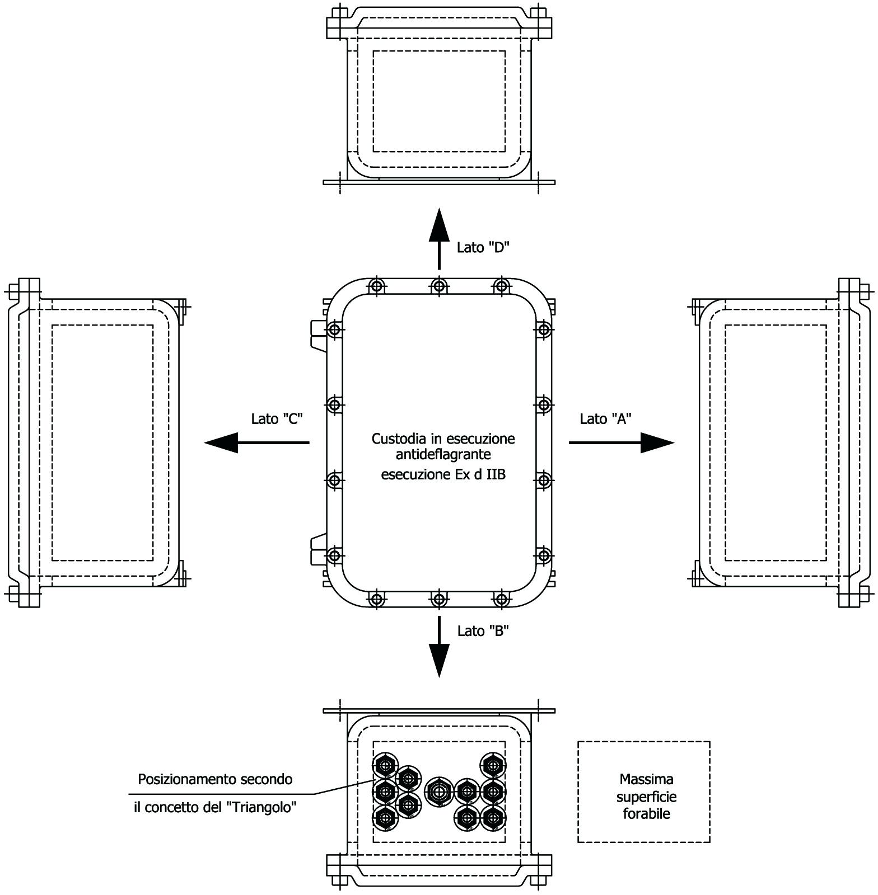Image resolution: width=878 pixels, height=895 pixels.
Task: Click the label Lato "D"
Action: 483,247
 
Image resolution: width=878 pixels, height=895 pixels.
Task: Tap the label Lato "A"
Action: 606,418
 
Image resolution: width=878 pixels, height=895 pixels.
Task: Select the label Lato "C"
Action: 277,418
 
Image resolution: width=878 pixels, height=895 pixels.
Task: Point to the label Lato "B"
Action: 483,631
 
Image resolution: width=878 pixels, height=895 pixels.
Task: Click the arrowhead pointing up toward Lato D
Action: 440,225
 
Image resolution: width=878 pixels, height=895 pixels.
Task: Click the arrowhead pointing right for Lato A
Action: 657,442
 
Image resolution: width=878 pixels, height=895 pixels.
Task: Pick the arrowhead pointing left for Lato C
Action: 221,442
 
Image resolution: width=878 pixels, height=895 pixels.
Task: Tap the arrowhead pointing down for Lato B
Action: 440,661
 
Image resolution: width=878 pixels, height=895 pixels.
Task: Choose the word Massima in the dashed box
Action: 647,779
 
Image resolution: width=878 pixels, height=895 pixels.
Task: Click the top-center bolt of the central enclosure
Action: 440,286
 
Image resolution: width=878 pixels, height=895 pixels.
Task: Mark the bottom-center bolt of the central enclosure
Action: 440,600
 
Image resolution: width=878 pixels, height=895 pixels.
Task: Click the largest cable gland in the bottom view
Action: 439,791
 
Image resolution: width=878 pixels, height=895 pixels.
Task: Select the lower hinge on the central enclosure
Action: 319,550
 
